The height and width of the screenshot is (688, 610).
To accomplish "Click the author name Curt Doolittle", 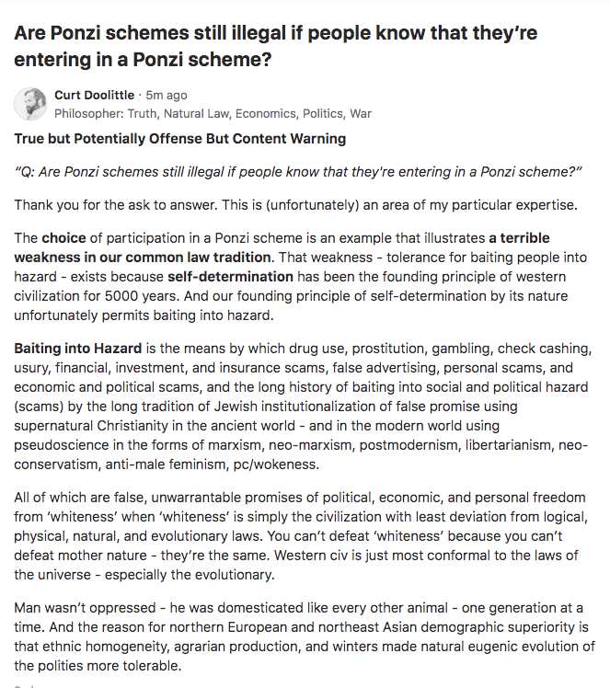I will click(94, 95).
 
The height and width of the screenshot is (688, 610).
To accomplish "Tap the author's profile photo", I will click(30, 104).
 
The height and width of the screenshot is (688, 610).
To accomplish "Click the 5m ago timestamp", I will click(167, 95).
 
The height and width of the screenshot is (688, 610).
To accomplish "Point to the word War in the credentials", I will click(360, 113).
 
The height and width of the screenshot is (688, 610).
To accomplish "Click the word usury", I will click(32, 368).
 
